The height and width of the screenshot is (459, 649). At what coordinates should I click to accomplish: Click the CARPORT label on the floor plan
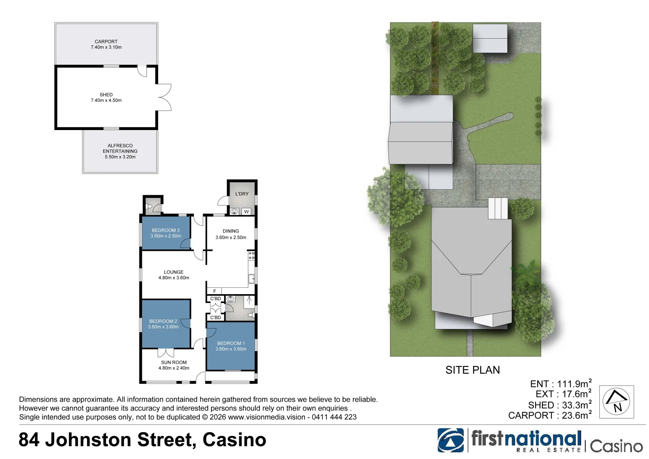106,42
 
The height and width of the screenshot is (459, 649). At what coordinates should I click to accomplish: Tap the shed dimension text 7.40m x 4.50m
106,101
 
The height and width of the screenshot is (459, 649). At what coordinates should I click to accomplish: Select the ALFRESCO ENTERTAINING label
120,148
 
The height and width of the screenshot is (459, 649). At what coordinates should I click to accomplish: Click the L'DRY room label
242,194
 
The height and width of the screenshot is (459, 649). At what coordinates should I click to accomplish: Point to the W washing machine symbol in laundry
246,212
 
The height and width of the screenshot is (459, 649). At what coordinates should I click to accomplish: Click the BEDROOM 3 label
165,230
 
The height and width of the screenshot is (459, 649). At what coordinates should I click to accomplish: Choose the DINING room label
231,231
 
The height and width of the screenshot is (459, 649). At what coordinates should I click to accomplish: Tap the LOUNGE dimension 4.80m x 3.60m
174,278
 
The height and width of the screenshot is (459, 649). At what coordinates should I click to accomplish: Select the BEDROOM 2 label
163,321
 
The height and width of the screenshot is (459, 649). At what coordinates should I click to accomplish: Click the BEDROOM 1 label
231,343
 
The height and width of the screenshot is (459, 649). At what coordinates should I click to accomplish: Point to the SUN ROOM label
173,363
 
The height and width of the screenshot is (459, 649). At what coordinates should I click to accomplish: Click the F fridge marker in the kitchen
215,291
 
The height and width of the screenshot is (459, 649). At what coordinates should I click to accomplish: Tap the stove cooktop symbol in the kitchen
252,255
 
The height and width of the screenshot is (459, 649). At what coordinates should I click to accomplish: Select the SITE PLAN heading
472,370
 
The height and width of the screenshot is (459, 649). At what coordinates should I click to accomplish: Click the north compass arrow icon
616,402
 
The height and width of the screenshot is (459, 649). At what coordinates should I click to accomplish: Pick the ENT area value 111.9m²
574,384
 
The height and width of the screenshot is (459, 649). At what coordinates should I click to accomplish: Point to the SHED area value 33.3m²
576,405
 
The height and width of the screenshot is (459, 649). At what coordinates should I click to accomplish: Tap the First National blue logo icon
451,440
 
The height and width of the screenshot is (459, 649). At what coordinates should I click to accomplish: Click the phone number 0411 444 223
334,417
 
